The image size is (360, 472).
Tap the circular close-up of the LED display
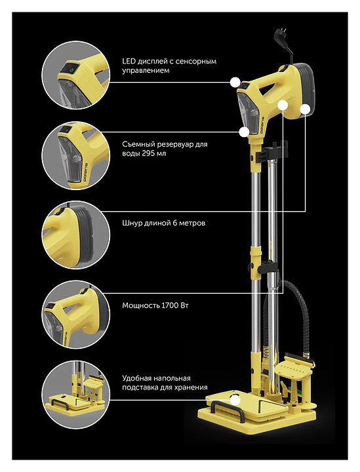point(76,75)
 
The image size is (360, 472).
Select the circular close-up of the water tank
point(76,155)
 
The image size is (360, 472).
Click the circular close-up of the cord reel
point(76,235)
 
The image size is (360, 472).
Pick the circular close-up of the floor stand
point(76,395)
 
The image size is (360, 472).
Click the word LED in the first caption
point(129,62)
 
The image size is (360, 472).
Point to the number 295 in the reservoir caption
point(148,153)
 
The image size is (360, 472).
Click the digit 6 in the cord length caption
point(174,224)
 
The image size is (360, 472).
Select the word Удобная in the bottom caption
point(136,378)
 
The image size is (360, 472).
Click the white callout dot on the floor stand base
point(235,401)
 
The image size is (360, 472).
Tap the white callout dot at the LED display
point(235,82)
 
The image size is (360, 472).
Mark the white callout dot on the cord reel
point(305,109)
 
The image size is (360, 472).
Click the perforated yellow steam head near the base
point(294,368)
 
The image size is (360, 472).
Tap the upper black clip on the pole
point(272,152)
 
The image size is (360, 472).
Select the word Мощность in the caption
point(140,306)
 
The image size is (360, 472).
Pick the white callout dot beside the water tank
point(244,132)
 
